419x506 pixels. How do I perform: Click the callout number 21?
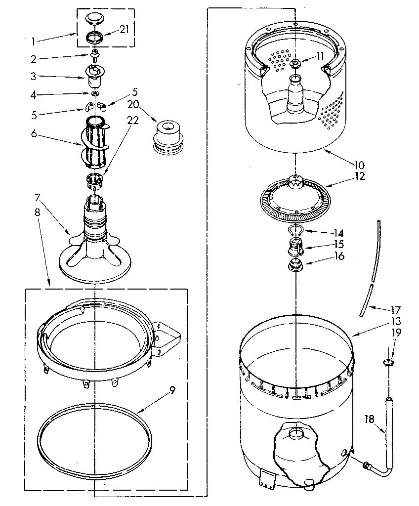124,29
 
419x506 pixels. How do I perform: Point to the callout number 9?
172,389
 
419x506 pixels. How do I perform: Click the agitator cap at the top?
95,19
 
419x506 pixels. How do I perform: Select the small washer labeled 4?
94,93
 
